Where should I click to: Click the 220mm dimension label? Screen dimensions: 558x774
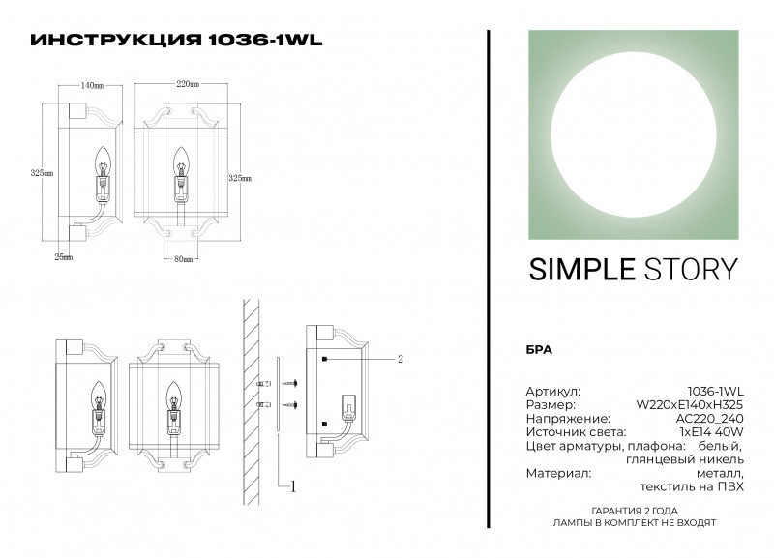coord(188,85)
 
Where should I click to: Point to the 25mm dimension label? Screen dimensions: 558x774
coord(63,257)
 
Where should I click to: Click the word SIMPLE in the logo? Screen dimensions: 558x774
coord(577,269)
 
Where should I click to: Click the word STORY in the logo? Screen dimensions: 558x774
coord(687,269)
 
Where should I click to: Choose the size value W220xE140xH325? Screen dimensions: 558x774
coord(689,403)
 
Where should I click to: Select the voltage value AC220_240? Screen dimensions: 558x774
coord(709,418)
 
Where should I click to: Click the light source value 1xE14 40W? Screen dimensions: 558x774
coord(711,431)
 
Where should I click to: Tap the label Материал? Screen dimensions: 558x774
coord(558,473)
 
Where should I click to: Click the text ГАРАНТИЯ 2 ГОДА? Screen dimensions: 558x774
coord(634,510)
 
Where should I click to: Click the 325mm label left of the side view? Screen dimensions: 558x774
coord(42,173)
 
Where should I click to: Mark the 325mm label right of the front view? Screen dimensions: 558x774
coord(239,178)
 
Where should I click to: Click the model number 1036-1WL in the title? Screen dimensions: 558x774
coord(265,41)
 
